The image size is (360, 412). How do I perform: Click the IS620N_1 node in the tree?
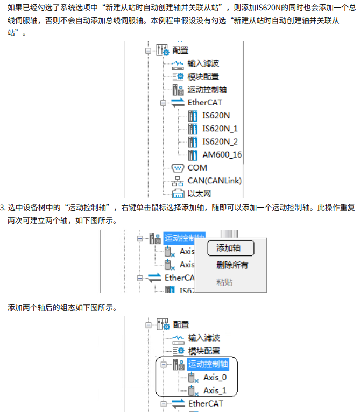pos(220,129)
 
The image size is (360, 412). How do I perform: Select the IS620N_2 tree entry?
pos(220,141)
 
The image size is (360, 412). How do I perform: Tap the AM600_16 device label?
pos(222,155)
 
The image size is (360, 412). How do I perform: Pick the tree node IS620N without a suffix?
pos(216,116)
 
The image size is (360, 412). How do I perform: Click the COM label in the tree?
pos(197,168)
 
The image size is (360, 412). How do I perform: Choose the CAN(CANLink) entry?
pos(214,181)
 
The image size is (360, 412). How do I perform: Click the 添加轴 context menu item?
pos(228,248)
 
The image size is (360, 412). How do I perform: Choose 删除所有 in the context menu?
pos(232,265)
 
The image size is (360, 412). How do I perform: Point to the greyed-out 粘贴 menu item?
pos(224,282)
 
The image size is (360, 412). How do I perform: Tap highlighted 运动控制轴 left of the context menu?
pos(184,238)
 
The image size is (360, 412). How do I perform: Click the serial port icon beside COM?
pos(178,168)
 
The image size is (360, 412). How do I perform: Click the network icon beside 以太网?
pos(178,194)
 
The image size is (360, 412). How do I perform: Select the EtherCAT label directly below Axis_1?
pos(205,403)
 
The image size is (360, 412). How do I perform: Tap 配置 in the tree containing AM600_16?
pos(180,50)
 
